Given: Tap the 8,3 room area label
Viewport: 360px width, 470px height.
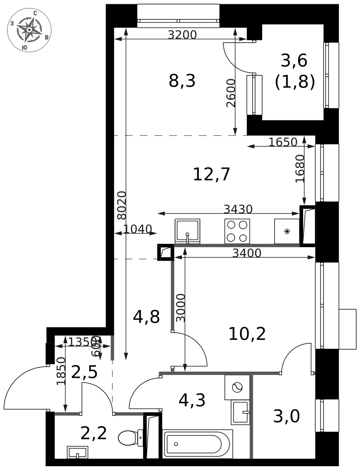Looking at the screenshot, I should (x=182, y=81).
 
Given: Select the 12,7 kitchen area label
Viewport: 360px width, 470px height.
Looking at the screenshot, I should (x=211, y=174).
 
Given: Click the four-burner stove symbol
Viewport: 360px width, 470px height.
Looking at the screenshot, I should (x=237, y=231).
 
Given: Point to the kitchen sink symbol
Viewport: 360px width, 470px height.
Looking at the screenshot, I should (x=188, y=231).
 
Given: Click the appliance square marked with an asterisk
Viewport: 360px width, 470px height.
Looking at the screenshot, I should (x=287, y=231).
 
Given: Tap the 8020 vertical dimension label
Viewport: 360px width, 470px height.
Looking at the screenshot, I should (x=121, y=205).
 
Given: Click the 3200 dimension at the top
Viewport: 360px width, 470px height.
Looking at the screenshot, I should (x=182, y=34).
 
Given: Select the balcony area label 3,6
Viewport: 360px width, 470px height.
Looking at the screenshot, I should (x=294, y=61).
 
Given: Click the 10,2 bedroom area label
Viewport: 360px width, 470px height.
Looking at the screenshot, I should (x=247, y=334).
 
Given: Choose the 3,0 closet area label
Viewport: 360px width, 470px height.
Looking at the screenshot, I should (x=286, y=416).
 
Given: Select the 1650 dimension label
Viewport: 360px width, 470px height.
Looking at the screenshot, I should (x=283, y=142).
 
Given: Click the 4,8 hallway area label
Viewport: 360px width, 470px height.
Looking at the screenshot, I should (x=146, y=317).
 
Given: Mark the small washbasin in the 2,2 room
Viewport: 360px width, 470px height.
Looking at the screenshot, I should (x=77, y=452).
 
